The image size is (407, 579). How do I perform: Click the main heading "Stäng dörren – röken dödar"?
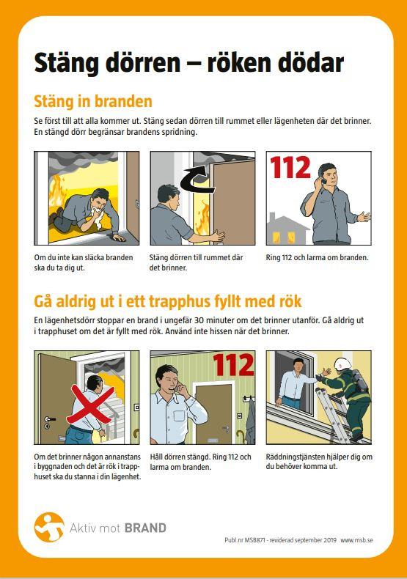tap(188, 63)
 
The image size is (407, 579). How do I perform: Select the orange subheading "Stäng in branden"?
tap(93, 101)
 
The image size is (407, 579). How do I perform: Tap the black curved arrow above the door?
tap(197, 180)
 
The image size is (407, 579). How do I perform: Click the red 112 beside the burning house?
tap(290, 167)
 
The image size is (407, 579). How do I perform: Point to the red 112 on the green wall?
tap(233, 364)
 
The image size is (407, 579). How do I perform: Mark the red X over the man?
tap(90, 405)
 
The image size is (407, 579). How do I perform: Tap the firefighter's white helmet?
tap(343, 364)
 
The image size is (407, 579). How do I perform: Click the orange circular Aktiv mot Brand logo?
tap(49, 527)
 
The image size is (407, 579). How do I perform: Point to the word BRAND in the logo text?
tap(145, 528)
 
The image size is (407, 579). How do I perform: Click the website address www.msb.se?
tap(356, 540)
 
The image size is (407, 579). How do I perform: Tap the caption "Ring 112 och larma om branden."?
tap(318, 257)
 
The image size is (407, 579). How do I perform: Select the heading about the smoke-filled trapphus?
tap(168, 301)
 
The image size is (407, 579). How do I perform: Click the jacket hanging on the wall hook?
tap(250, 421)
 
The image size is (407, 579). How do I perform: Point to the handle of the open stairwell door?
tap(50, 419)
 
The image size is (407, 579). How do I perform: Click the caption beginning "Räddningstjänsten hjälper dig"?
tap(319, 462)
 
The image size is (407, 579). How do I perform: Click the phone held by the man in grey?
tap(323, 181)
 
